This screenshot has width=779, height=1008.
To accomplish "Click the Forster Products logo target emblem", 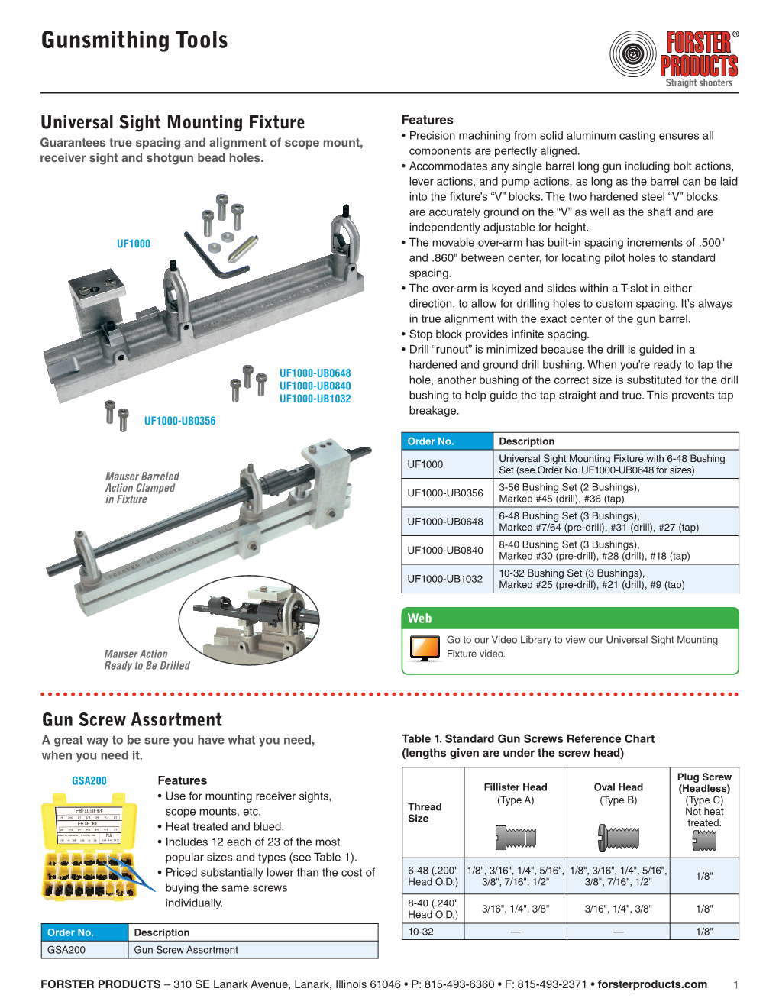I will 633,54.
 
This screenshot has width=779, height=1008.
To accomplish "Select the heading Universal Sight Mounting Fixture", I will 173,122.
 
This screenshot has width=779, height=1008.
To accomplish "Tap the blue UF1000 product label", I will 134,244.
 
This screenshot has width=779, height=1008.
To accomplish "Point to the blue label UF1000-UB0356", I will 179,421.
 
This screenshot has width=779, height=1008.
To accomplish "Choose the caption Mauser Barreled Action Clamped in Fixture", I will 142,487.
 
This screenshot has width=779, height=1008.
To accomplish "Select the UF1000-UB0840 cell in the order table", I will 445,550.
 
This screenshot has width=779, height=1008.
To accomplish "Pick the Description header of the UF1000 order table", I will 527,441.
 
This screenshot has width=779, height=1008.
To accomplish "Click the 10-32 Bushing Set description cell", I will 592,579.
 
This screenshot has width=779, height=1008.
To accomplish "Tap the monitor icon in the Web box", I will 425,648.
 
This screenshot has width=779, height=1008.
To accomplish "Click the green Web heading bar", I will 570,619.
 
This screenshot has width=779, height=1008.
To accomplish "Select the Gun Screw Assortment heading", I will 132,719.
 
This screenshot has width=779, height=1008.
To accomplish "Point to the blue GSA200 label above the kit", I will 89,780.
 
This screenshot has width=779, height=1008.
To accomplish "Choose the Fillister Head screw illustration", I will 516,838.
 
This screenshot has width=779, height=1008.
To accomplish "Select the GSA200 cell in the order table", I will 66,950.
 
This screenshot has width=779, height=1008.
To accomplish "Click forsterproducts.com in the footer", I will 652,984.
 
